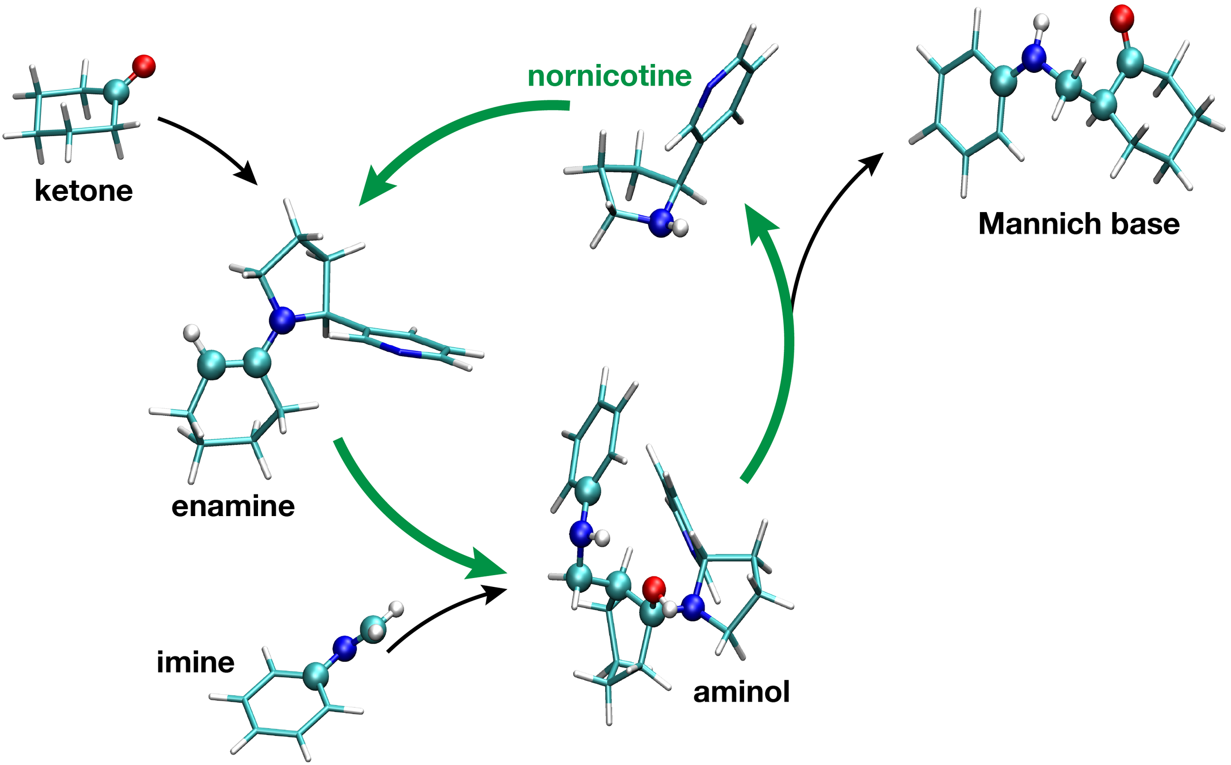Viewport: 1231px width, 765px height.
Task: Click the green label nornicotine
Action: [x=609, y=77]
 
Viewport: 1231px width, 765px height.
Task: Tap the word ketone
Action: [x=84, y=191]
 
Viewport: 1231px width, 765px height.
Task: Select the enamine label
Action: [x=233, y=506]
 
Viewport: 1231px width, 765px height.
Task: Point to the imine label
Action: [x=195, y=662]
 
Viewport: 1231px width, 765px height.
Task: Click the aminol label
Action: [x=741, y=692]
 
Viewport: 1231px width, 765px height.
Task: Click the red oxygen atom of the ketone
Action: [x=144, y=66]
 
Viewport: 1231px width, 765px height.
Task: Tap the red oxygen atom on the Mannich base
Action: [x=1121, y=18]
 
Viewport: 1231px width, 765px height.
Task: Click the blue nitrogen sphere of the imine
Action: [x=344, y=648]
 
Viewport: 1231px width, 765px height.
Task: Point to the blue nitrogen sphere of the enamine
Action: [x=282, y=320]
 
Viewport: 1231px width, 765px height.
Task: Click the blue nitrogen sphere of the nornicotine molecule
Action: [x=661, y=223]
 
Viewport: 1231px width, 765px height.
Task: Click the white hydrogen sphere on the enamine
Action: [x=192, y=333]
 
